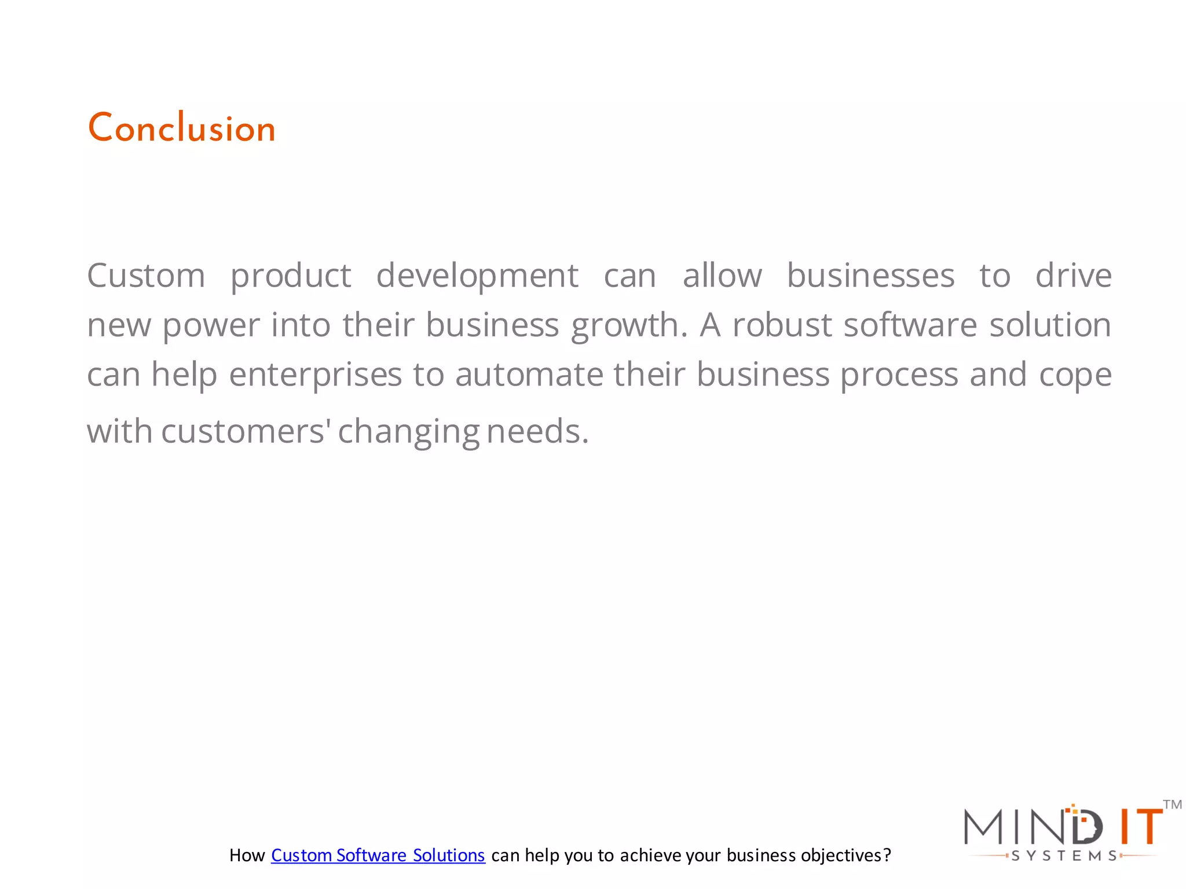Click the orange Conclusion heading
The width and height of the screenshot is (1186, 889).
point(181,128)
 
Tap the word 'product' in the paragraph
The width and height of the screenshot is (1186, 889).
point(291,275)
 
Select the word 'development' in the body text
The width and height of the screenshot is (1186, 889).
point(477,275)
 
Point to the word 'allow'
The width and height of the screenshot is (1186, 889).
point(722,275)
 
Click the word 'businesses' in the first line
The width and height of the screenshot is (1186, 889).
point(870,275)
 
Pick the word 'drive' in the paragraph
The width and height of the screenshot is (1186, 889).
point(1073,275)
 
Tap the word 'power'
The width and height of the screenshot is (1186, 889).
point(211,325)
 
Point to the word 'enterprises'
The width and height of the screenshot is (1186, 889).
point(315,375)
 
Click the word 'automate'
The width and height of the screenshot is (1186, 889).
point(529,375)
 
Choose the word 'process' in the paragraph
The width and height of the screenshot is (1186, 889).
point(899,375)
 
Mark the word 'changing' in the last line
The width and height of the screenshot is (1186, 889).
point(408,432)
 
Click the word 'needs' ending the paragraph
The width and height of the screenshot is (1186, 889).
point(537,432)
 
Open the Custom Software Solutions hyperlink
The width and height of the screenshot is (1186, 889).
point(378,855)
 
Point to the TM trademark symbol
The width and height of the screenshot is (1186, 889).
point(1172,804)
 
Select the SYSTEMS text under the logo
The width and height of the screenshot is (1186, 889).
point(1064,856)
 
